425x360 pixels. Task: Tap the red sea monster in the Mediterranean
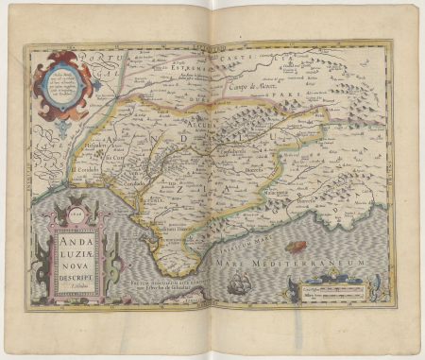coord(296,247)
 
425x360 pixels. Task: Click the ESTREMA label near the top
coord(175,66)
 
